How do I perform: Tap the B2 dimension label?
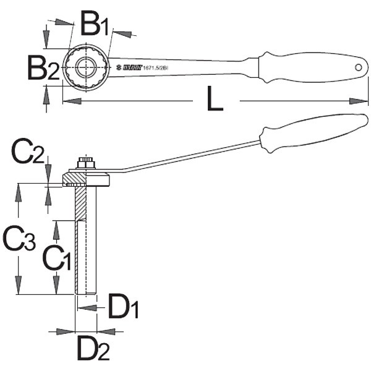[43, 67]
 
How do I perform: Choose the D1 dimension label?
[124, 307]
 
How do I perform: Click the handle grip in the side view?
[310, 133]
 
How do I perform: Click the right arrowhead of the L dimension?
[361, 101]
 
